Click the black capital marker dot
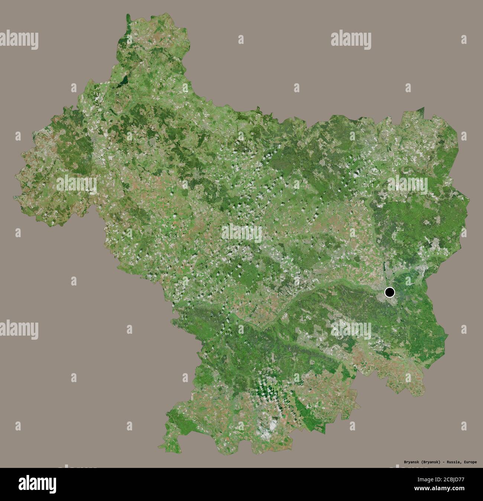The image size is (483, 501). [389, 292]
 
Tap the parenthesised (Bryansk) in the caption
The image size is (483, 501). [431, 462]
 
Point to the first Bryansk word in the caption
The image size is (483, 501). [412, 462]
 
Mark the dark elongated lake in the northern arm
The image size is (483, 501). [125, 80]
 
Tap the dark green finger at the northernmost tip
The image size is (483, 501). [129, 19]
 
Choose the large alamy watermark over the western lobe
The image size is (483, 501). [76, 183]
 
